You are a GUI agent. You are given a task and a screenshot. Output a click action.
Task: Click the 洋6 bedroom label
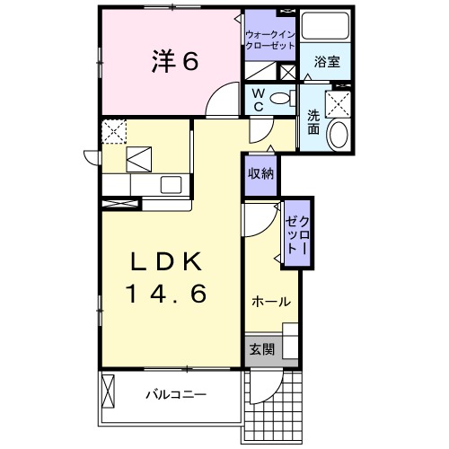tap(168, 62)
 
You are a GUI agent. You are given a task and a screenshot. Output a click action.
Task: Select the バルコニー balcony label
tap(176, 394)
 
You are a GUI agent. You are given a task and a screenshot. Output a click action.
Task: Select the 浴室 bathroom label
tap(324, 62)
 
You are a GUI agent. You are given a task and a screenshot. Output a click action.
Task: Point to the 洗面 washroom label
tap(313, 120)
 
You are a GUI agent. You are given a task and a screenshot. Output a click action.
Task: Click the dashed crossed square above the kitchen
tap(113, 132)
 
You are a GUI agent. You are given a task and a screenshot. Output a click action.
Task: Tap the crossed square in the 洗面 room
tap(339, 105)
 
